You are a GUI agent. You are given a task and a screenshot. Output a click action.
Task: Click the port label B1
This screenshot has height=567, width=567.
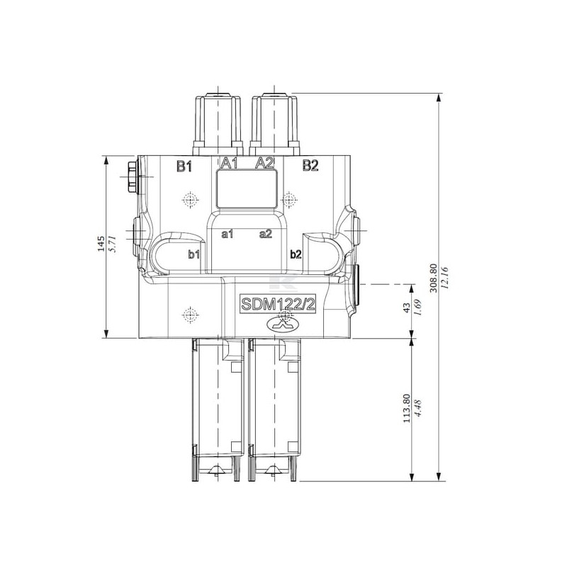click(184, 167)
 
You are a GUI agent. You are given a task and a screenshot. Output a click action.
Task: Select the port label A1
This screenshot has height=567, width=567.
click(230, 163)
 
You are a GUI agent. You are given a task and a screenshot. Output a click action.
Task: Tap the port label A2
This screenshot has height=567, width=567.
click(264, 163)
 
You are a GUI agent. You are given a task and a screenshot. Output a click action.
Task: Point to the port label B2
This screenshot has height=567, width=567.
click(310, 166)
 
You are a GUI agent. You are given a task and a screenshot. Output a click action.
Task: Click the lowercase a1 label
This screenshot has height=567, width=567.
click(228, 235)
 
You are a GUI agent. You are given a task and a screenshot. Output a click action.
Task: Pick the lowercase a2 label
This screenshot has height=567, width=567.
click(266, 234)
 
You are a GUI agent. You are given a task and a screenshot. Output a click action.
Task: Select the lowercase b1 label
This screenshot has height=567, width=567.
click(194, 254)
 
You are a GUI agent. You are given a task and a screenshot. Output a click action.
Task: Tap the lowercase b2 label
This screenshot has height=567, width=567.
click(296, 254)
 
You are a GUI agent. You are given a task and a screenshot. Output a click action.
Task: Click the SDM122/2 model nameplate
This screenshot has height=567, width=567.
click(278, 305)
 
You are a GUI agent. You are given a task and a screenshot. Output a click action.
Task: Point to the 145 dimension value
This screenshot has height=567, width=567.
click(101, 244)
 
